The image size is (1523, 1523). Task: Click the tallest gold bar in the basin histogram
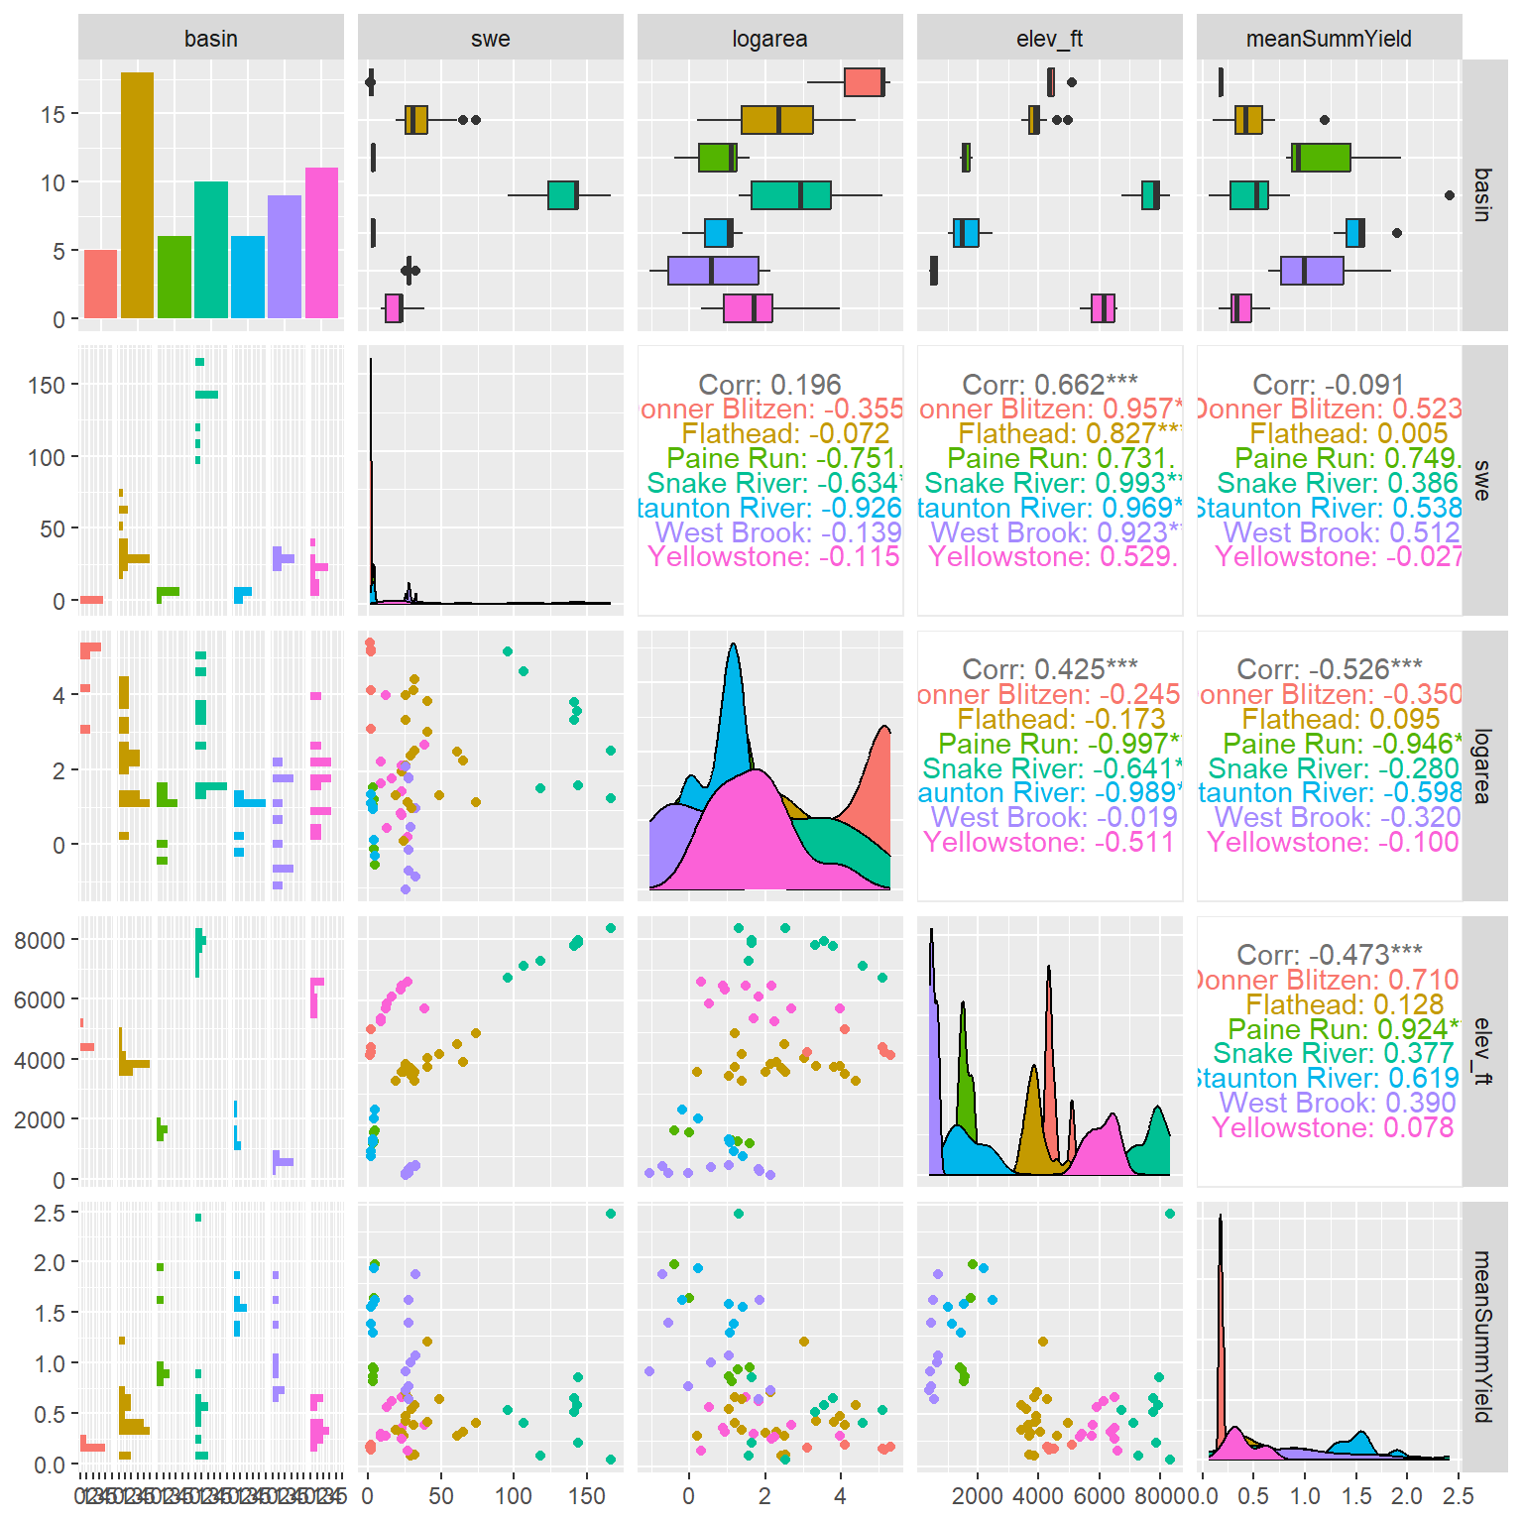pos(137,195)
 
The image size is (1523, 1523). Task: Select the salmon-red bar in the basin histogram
pos(100,284)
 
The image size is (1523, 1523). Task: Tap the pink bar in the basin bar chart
pos(321,243)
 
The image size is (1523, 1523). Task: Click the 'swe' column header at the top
pos(490,39)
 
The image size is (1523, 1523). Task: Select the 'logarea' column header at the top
pos(769,39)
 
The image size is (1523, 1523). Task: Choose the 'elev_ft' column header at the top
pos(1049,39)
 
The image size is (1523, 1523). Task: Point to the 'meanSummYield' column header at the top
pos(1329,39)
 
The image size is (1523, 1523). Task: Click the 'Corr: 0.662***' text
pos(1050,384)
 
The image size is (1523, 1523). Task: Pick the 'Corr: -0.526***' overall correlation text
pos(1329,668)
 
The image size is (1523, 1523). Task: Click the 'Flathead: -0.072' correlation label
pos(785,433)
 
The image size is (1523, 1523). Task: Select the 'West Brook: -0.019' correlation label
pos(1054,817)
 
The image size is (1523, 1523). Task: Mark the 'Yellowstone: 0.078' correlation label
pos(1333,1127)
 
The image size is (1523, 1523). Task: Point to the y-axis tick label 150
pos(47,385)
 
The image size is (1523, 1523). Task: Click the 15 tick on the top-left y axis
pos(53,114)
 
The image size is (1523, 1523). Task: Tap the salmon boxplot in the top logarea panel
pos(864,82)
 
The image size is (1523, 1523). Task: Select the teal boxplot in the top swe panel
pos(562,195)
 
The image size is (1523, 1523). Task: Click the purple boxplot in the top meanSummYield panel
pos(1311,271)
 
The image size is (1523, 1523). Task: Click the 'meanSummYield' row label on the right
pos(1483,1336)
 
